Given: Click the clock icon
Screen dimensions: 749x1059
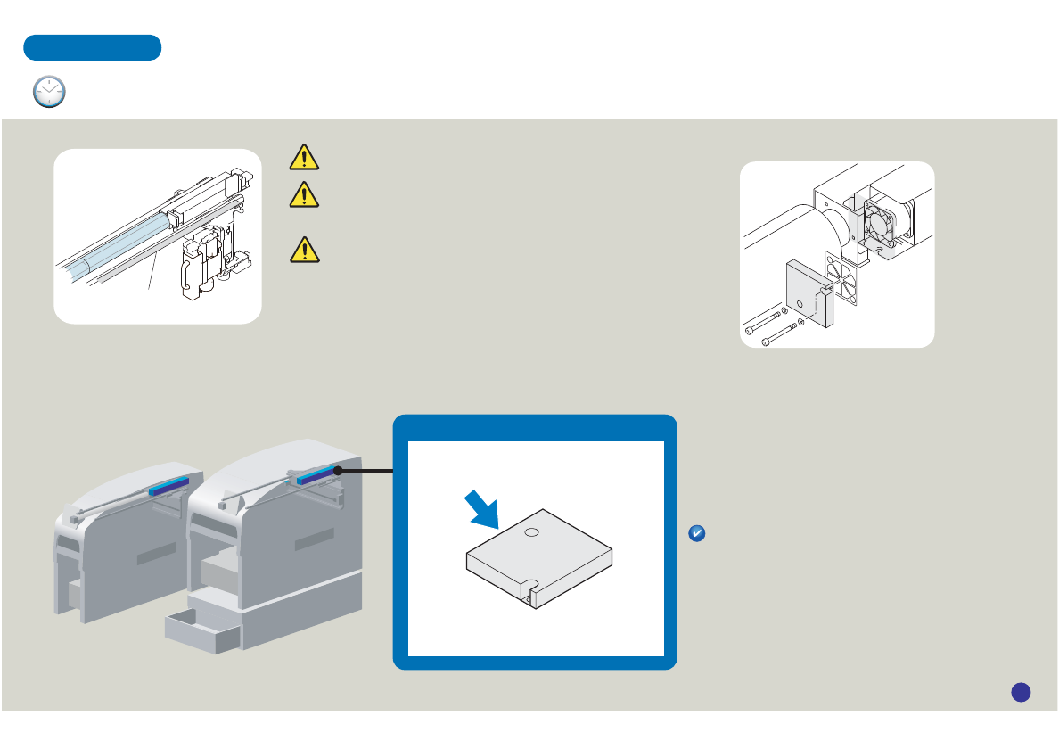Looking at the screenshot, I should click(49, 92).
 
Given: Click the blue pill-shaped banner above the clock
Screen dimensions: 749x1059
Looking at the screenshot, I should click(92, 47).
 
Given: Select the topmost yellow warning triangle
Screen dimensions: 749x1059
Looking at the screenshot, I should click(305, 158).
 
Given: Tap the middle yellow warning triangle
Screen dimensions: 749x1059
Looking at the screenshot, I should click(305, 193).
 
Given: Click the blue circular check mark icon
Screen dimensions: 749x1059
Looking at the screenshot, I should click(698, 533).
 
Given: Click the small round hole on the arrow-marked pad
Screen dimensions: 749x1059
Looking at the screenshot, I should click(531, 532).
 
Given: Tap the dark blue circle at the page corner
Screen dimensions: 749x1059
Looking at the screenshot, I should click(1022, 691).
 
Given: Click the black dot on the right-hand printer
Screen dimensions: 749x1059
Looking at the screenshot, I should click(338, 470).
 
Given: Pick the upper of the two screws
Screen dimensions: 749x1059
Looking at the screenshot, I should click(765, 319).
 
